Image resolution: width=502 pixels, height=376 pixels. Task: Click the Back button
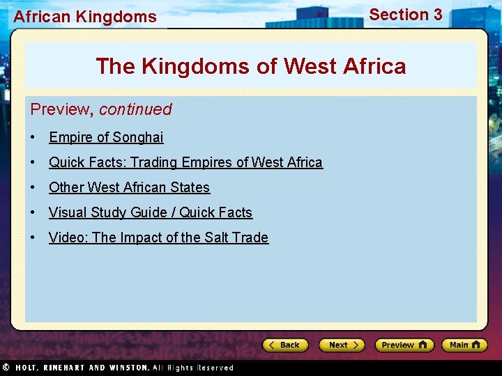tap(285, 345)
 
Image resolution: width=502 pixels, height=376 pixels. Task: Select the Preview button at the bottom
tap(404, 345)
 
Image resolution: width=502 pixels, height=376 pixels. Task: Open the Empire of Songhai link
tap(106, 137)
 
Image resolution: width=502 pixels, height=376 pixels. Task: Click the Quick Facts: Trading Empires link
tap(185, 162)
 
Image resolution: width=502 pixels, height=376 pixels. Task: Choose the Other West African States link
tap(129, 187)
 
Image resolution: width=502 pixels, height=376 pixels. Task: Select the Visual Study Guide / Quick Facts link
tap(150, 212)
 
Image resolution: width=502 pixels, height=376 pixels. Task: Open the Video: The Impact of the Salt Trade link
tap(158, 237)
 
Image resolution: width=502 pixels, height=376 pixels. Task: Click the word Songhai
tap(137, 137)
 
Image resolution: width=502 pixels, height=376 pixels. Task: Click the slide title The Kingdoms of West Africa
tap(250, 66)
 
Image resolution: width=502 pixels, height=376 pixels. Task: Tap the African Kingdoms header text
tap(85, 17)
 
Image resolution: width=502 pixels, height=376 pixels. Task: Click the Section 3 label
tap(405, 15)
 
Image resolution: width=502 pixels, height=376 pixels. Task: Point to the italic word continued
tap(135, 109)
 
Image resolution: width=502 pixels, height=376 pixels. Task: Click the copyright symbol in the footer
tap(6, 367)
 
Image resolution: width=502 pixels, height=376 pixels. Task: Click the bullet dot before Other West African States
tap(33, 187)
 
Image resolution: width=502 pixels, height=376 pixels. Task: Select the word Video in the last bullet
tap(68, 237)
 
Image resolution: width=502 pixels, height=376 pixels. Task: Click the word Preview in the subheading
tap(61, 109)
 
